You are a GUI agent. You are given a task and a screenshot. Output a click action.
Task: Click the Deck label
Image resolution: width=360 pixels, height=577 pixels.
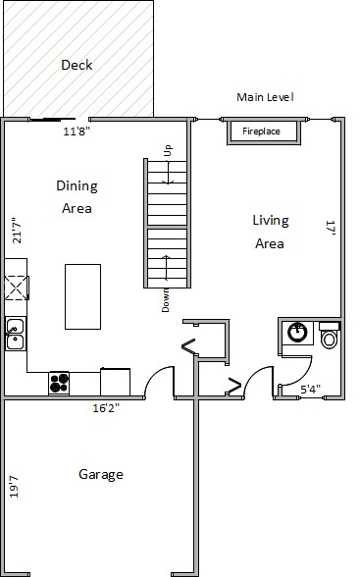pyautogui.click(x=77, y=65)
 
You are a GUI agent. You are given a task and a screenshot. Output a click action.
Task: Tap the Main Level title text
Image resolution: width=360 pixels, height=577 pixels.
pyautogui.click(x=265, y=97)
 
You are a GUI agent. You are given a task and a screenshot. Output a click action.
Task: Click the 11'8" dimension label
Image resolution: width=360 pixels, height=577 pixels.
pyautogui.click(x=77, y=131)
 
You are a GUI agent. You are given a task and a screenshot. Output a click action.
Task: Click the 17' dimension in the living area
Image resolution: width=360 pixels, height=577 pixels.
pyautogui.click(x=331, y=228)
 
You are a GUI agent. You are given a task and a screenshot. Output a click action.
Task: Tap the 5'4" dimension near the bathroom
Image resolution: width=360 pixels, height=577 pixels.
pyautogui.click(x=310, y=389)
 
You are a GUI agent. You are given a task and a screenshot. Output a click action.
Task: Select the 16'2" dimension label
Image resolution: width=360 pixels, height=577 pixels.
pyautogui.click(x=106, y=408)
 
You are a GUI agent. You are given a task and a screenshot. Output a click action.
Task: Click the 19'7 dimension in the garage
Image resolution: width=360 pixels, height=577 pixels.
pyautogui.click(x=14, y=487)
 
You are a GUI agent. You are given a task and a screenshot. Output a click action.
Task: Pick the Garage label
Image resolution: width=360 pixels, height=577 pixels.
pyautogui.click(x=101, y=474)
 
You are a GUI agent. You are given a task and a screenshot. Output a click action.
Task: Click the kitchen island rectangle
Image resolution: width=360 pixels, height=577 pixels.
pyautogui.click(x=82, y=296)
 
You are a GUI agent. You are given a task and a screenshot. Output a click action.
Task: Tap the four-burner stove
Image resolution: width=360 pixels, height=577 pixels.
pyautogui.click(x=59, y=383)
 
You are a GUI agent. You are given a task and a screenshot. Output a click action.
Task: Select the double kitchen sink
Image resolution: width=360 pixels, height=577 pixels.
pyautogui.click(x=16, y=334)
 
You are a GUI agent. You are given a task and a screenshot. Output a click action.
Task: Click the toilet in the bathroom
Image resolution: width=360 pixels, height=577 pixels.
pyautogui.click(x=330, y=336)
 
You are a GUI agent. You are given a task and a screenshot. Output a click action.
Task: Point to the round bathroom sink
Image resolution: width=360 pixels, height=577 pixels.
pyautogui.click(x=297, y=333)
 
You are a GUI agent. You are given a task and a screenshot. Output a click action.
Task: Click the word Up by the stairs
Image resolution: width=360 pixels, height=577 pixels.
pyautogui.click(x=168, y=150)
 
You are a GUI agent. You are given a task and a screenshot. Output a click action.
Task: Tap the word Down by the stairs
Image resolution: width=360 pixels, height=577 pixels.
pyautogui.click(x=166, y=300)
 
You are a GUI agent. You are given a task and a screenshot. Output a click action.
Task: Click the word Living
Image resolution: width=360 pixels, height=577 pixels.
pyautogui.click(x=271, y=221)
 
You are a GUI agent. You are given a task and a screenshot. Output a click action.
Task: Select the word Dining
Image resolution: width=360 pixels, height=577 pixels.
pyautogui.click(x=77, y=186)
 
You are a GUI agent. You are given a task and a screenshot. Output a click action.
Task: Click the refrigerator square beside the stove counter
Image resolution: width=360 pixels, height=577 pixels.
pyautogui.click(x=115, y=382)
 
